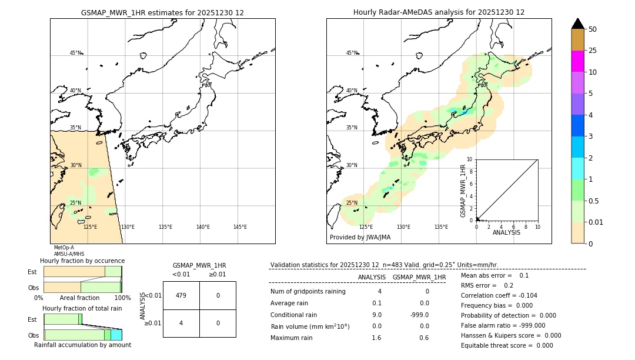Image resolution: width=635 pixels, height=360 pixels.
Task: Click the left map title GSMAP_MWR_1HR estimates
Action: point(162,12)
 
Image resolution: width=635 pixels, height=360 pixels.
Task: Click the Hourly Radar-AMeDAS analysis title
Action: point(439,12)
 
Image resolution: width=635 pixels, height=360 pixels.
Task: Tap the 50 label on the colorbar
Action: point(593,29)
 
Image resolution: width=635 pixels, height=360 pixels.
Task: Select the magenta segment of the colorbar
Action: point(578,61)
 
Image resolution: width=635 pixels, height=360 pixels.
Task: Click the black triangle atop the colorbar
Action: point(578,24)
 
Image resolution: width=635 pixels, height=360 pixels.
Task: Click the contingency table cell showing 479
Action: point(181,295)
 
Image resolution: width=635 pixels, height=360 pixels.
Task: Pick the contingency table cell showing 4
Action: point(181,323)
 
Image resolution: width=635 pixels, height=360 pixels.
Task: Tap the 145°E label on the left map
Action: point(240,227)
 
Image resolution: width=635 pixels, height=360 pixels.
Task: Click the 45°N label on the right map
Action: point(352,53)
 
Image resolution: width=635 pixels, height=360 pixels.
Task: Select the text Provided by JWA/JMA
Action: point(360,238)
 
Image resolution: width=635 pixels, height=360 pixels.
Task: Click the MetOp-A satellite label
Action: point(63,248)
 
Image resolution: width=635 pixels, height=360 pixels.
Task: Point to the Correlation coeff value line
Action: point(499,295)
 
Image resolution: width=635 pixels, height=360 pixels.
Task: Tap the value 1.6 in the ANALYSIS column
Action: point(376,338)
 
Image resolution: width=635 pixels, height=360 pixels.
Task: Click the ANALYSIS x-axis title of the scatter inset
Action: point(506,232)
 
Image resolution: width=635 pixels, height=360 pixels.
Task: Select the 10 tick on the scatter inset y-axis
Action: point(470,159)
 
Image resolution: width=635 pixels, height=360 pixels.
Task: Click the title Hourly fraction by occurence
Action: point(82,261)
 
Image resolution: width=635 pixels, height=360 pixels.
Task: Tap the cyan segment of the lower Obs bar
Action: point(116,335)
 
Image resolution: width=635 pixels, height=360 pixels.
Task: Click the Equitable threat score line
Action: point(507,345)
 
